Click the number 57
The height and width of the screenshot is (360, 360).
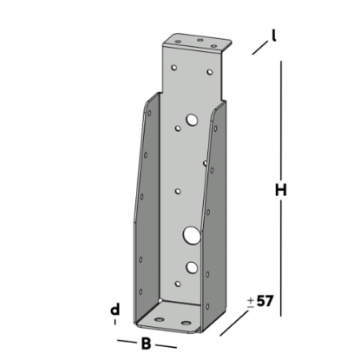(266, 302)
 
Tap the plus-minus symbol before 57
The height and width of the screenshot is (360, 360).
(251, 302)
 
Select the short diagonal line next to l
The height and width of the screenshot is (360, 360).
(259, 48)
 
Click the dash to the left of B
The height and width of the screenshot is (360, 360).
(127, 342)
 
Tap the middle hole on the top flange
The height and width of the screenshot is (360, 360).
(200, 40)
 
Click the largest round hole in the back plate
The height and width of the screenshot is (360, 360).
(192, 234)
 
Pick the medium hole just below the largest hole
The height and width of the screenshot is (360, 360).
(192, 266)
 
